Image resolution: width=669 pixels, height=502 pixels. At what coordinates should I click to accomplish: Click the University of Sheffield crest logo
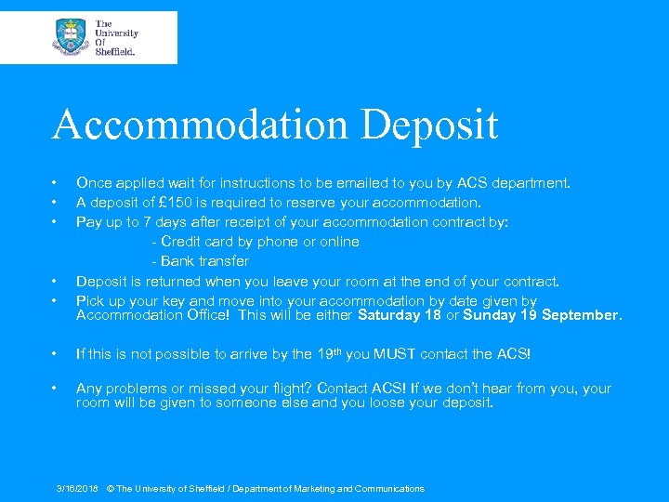(x=71, y=37)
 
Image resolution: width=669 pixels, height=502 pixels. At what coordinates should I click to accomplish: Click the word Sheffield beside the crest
(x=115, y=53)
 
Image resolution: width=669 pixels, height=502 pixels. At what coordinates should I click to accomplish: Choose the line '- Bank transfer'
(x=200, y=261)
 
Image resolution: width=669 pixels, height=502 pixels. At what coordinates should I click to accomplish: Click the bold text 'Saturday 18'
(x=400, y=315)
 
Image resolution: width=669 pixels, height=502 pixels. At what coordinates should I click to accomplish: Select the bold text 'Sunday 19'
(x=497, y=315)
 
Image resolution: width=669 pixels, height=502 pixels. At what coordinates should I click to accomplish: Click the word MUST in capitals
(x=396, y=354)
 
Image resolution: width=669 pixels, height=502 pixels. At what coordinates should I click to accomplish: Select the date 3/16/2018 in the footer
(x=76, y=489)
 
